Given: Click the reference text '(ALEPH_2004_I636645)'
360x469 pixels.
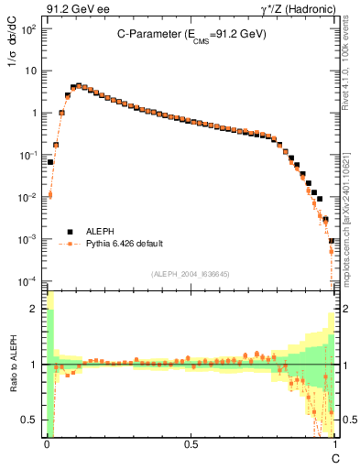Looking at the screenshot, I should pyautogui.click(x=191, y=274).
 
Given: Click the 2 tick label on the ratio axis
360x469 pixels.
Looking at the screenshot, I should pyautogui.click(x=36, y=310).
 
